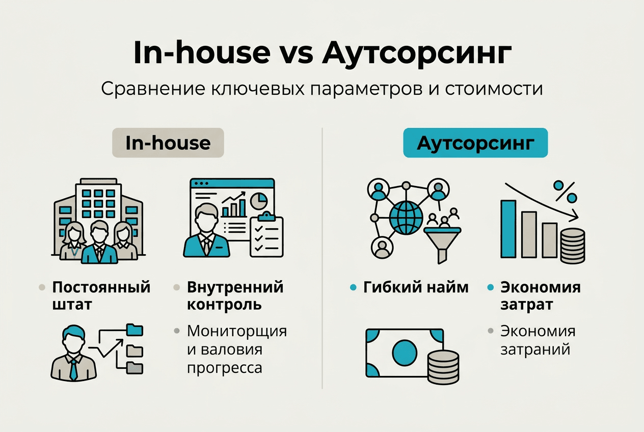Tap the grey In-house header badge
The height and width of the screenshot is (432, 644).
(168, 143)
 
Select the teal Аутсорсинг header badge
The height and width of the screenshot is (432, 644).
(475, 143)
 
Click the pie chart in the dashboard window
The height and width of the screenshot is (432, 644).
(260, 200)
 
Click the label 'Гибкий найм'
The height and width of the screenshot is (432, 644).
(416, 287)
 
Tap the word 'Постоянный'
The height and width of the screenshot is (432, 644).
(101, 287)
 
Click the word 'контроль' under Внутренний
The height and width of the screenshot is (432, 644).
(224, 305)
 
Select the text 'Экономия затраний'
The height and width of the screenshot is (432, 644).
(538, 340)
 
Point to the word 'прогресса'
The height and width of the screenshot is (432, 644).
(224, 368)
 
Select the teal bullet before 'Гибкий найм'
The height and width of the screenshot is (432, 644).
(353, 288)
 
